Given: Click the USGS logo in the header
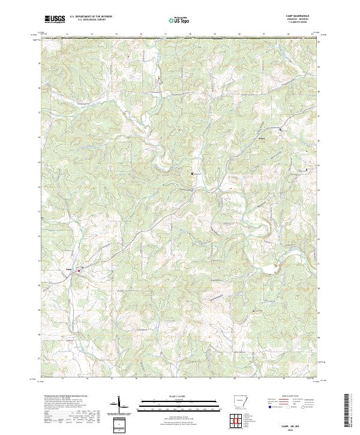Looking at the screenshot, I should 55,19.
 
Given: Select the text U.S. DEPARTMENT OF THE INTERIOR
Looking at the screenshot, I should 90,17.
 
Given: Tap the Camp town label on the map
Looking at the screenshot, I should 69,269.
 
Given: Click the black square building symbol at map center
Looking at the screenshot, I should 192,173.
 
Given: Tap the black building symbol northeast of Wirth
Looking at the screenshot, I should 280,129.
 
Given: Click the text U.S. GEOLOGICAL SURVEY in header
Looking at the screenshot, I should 90,20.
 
